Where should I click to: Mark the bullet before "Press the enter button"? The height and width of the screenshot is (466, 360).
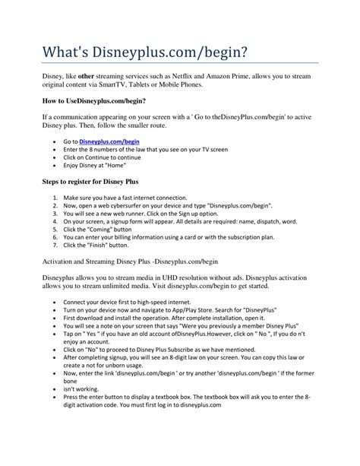pos(57,397)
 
